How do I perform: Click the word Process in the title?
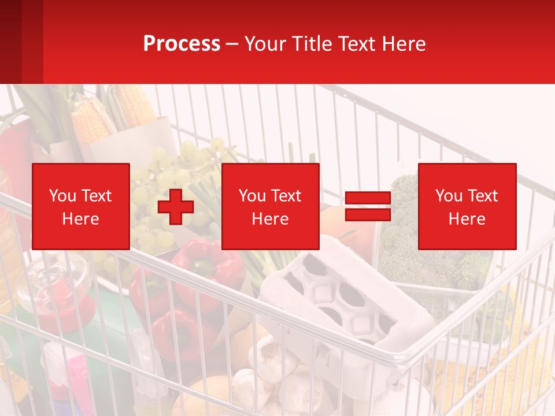click(x=182, y=44)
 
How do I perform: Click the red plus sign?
click(x=176, y=207)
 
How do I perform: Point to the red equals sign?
click(x=368, y=206)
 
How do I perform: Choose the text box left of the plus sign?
click(x=81, y=206)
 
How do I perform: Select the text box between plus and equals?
click(x=271, y=206)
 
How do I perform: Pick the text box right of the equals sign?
click(x=467, y=206)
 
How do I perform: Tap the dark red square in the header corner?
click(x=21, y=42)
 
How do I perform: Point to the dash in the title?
click(x=232, y=44)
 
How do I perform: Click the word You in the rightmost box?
click(x=448, y=196)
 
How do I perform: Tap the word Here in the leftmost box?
click(x=81, y=219)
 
